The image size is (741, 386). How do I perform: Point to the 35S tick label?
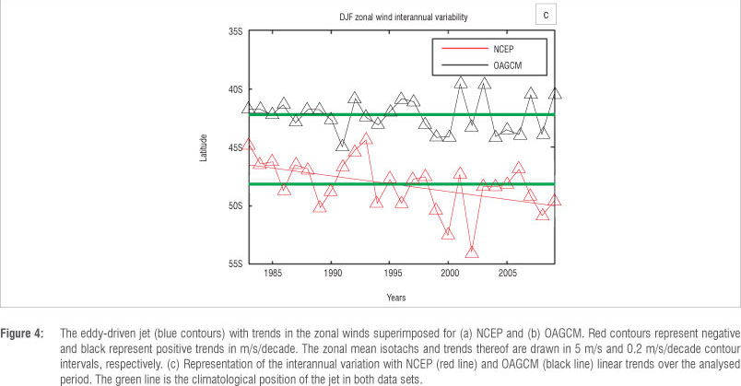click(235, 31)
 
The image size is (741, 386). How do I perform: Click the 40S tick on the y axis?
click(235, 89)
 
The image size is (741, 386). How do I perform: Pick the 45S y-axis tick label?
click(235, 147)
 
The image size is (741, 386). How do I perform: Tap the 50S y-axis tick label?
click(235, 205)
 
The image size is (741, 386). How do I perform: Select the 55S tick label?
click(235, 263)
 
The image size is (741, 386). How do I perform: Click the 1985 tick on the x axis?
click(273, 274)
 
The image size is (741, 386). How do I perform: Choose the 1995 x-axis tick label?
click(391, 274)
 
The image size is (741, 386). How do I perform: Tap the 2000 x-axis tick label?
click(449, 274)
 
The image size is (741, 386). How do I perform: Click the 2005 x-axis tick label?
click(507, 274)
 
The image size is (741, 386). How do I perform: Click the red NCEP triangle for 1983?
click(249, 145)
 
